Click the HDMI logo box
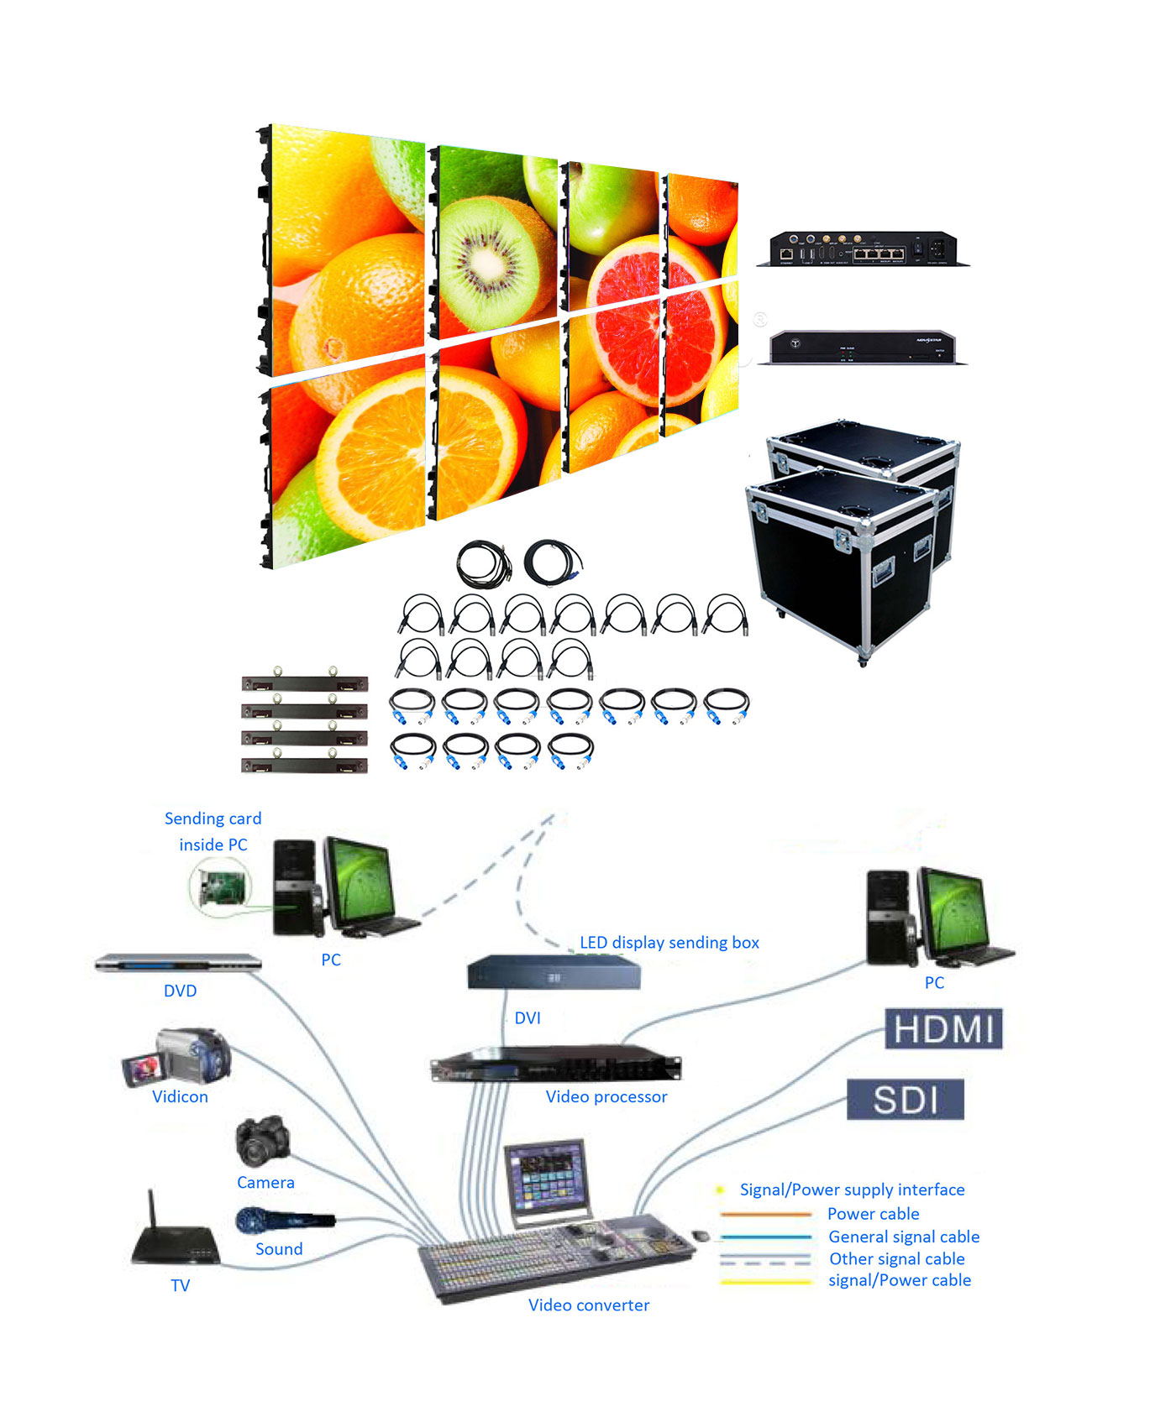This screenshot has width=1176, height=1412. (x=943, y=1028)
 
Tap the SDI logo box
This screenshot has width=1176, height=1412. (x=905, y=1099)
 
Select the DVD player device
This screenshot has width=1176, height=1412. (x=178, y=963)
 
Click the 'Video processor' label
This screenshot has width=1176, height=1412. (x=606, y=1096)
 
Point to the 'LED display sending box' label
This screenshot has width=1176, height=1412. (x=669, y=942)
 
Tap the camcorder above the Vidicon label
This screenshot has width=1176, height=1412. (x=178, y=1056)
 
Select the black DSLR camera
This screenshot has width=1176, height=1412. (x=263, y=1140)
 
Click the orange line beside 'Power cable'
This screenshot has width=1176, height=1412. (x=765, y=1214)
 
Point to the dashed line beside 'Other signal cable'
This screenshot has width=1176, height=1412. (x=765, y=1259)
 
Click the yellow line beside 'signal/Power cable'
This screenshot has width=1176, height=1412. (x=765, y=1281)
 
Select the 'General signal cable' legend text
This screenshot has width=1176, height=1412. (x=904, y=1237)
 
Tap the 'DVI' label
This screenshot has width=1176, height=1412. (x=528, y=1017)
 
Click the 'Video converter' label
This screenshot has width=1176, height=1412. (x=588, y=1305)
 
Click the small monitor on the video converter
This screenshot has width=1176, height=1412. (x=547, y=1177)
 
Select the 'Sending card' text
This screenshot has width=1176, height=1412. (x=213, y=818)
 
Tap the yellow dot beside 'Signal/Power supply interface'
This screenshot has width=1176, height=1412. (x=720, y=1190)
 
